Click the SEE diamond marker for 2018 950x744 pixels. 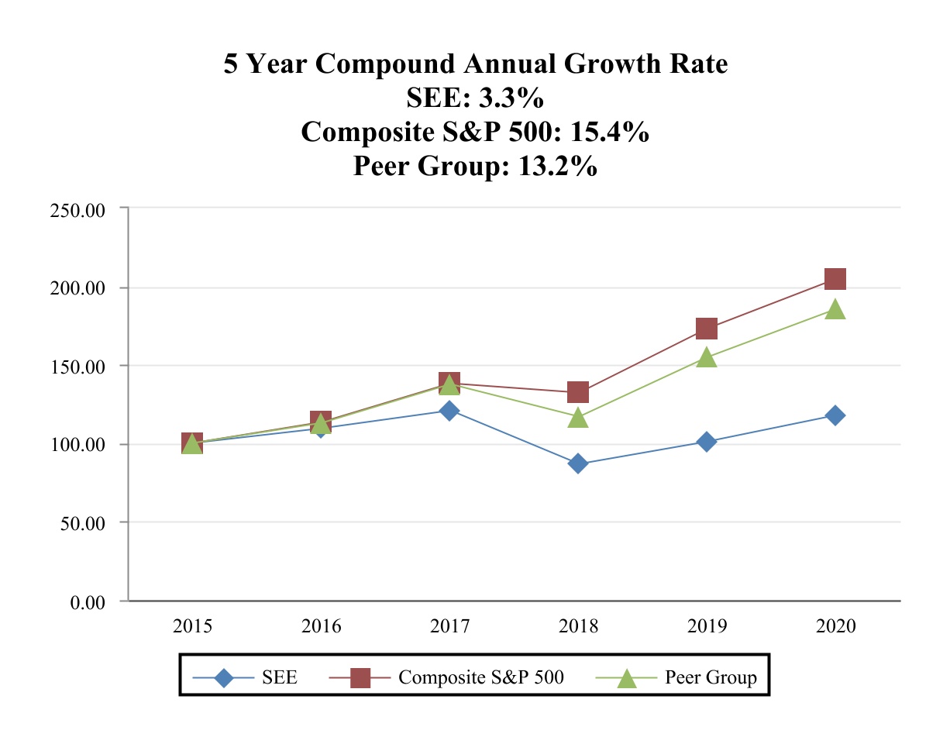(x=577, y=463)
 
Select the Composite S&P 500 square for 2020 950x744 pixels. (x=835, y=279)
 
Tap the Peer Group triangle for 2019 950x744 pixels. (x=706, y=357)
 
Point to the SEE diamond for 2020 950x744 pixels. (x=835, y=415)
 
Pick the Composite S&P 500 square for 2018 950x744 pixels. (x=577, y=392)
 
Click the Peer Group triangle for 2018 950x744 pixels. (x=577, y=418)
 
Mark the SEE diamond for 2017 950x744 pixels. (x=449, y=410)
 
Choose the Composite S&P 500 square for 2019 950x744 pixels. (x=706, y=329)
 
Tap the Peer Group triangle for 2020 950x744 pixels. (x=835, y=309)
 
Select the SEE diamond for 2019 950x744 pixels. (x=706, y=442)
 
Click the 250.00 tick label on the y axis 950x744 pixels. (x=77, y=209)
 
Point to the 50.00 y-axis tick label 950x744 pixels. (x=81, y=523)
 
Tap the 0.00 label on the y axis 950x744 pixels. (x=86, y=602)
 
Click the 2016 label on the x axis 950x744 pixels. (x=321, y=626)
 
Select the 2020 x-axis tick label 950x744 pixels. (x=835, y=626)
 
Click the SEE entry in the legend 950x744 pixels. (x=280, y=677)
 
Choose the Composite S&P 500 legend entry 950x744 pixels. (x=480, y=677)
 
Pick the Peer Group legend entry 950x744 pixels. (x=711, y=677)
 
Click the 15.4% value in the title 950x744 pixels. (x=609, y=133)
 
